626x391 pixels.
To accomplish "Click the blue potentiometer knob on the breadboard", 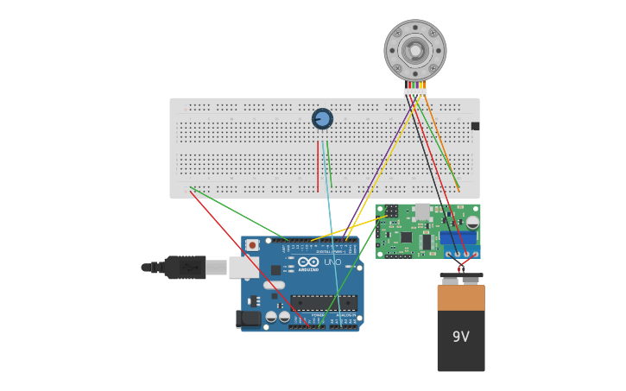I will click(x=322, y=118).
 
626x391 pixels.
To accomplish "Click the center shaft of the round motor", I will click(x=415, y=50).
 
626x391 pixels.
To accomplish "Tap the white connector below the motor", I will click(x=414, y=91).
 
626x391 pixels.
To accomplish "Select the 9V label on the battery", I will click(x=461, y=337).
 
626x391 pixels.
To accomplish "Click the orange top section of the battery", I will click(x=461, y=298).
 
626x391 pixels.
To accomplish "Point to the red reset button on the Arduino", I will click(x=252, y=245).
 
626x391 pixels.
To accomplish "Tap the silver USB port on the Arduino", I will click(x=243, y=267).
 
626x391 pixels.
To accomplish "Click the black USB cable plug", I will click(x=185, y=268).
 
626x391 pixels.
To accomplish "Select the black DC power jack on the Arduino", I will click(x=249, y=319).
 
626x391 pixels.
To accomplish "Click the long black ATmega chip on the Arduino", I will click(x=324, y=303).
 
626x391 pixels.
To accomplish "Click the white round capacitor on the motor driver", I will click(x=472, y=222).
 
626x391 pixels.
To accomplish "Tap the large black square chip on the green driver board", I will click(x=406, y=236).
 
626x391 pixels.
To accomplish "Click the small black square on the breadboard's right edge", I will click(x=475, y=126).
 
